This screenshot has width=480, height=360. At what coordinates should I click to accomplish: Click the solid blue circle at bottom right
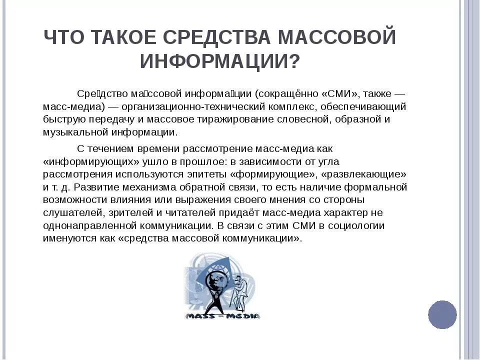[442, 314]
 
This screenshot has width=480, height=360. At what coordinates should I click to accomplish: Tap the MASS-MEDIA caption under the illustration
[223, 315]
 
